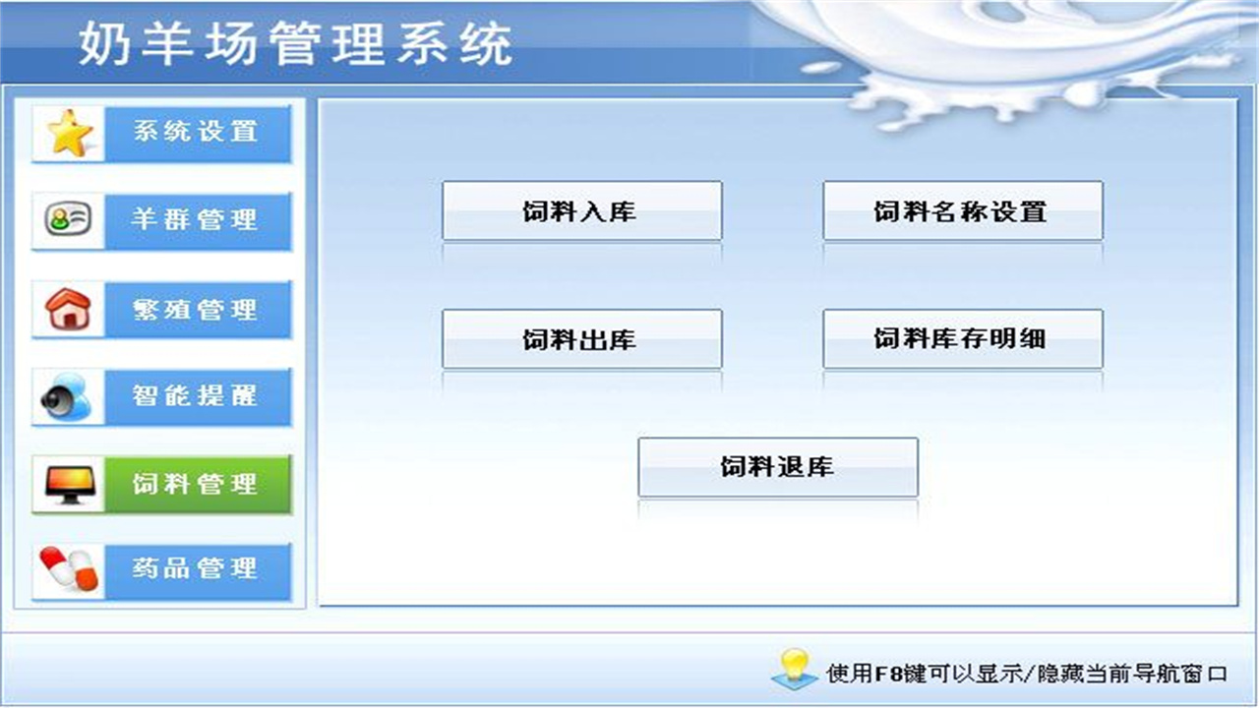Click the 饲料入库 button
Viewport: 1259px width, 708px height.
click(x=581, y=211)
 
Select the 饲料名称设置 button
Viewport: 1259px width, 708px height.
click(x=962, y=211)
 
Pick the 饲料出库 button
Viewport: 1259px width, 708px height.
click(x=581, y=340)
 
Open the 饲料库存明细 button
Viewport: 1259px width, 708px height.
click(x=962, y=340)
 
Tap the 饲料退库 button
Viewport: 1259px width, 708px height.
click(x=777, y=467)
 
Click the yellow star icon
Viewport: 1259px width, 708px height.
click(x=70, y=134)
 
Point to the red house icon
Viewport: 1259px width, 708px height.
click(x=69, y=309)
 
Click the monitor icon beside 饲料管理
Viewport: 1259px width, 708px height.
click(x=69, y=484)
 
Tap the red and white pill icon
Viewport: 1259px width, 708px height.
click(x=69, y=570)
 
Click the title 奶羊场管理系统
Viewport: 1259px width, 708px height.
click(x=295, y=45)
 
